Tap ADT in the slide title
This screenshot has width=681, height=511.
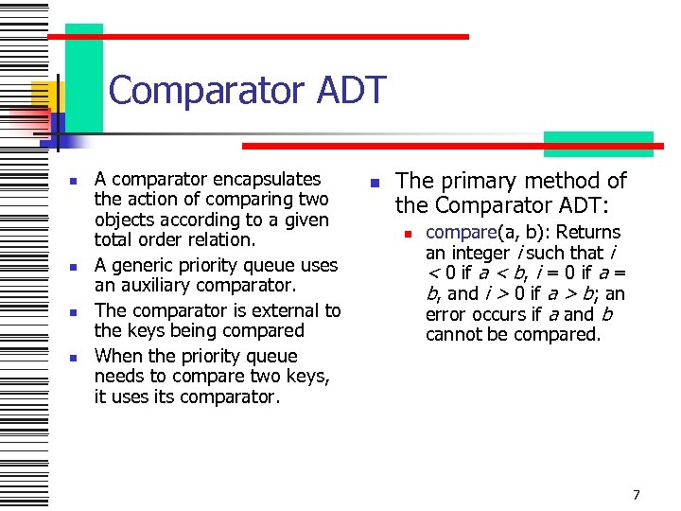point(357,91)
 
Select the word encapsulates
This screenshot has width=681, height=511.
point(267,179)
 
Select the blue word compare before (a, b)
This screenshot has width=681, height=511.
point(461,233)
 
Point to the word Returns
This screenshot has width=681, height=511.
point(587,233)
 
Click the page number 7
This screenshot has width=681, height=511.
point(637,495)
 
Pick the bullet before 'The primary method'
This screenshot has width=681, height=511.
point(375,182)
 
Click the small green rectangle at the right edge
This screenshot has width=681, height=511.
point(598,143)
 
